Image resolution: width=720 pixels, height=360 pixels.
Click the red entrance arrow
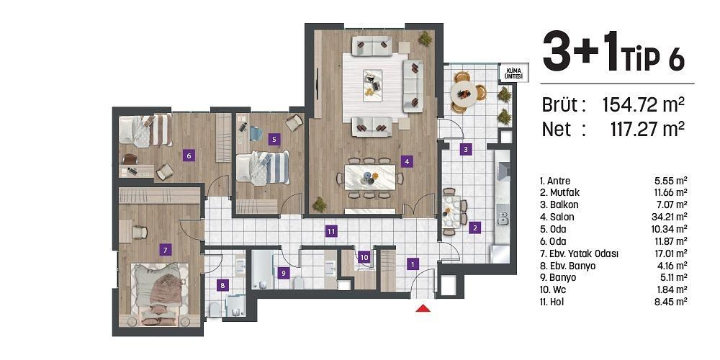[x=423, y=308]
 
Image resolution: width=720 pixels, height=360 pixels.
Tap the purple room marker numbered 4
[x=406, y=161]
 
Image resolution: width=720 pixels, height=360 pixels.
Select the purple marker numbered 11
[x=331, y=231]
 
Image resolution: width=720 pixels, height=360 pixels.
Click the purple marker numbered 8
[x=222, y=286]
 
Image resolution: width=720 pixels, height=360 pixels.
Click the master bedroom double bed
[x=160, y=290]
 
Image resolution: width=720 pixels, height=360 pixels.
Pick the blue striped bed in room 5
[x=263, y=168]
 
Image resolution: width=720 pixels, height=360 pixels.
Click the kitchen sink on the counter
[x=503, y=217]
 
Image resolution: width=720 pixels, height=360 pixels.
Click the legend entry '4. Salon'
[x=557, y=217]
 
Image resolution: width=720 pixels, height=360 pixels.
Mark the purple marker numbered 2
[x=475, y=226]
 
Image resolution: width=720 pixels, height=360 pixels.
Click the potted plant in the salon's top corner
[x=426, y=39]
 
